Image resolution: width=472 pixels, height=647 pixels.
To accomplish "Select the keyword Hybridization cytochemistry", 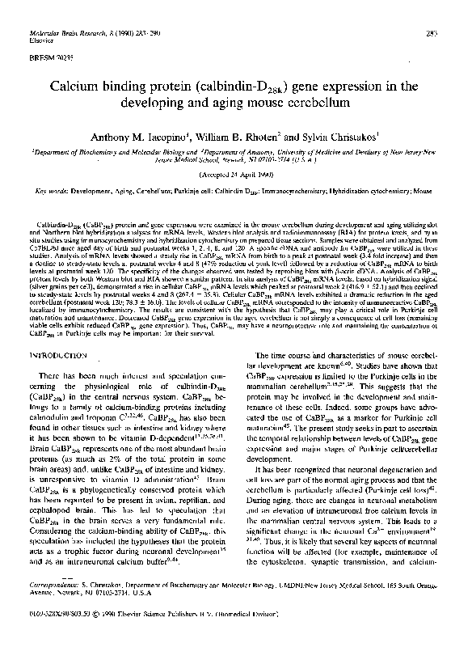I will pyautogui.click(x=371, y=191).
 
